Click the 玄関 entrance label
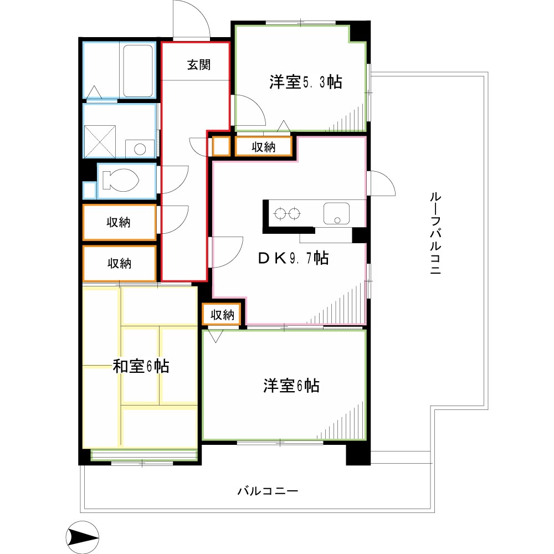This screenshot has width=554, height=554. click(x=198, y=65)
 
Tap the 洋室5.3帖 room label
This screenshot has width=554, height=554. click(x=305, y=82)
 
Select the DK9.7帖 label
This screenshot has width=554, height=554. click(x=293, y=258)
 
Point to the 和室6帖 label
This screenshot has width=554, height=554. click(x=141, y=366)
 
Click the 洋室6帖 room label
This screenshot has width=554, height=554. click(x=291, y=386)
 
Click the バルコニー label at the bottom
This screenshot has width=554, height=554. click(x=268, y=491)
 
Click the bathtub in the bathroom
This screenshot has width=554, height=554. click(x=137, y=71)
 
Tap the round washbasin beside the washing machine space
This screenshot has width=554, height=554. click(x=140, y=148)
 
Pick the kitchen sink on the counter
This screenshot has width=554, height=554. click(x=336, y=213)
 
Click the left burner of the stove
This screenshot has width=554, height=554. click(x=280, y=213)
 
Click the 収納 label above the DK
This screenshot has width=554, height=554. click(x=263, y=147)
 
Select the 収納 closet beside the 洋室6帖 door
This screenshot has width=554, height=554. click(x=222, y=315)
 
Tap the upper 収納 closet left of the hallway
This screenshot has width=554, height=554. click(x=119, y=222)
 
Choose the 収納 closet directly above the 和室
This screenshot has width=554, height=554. click(x=119, y=263)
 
